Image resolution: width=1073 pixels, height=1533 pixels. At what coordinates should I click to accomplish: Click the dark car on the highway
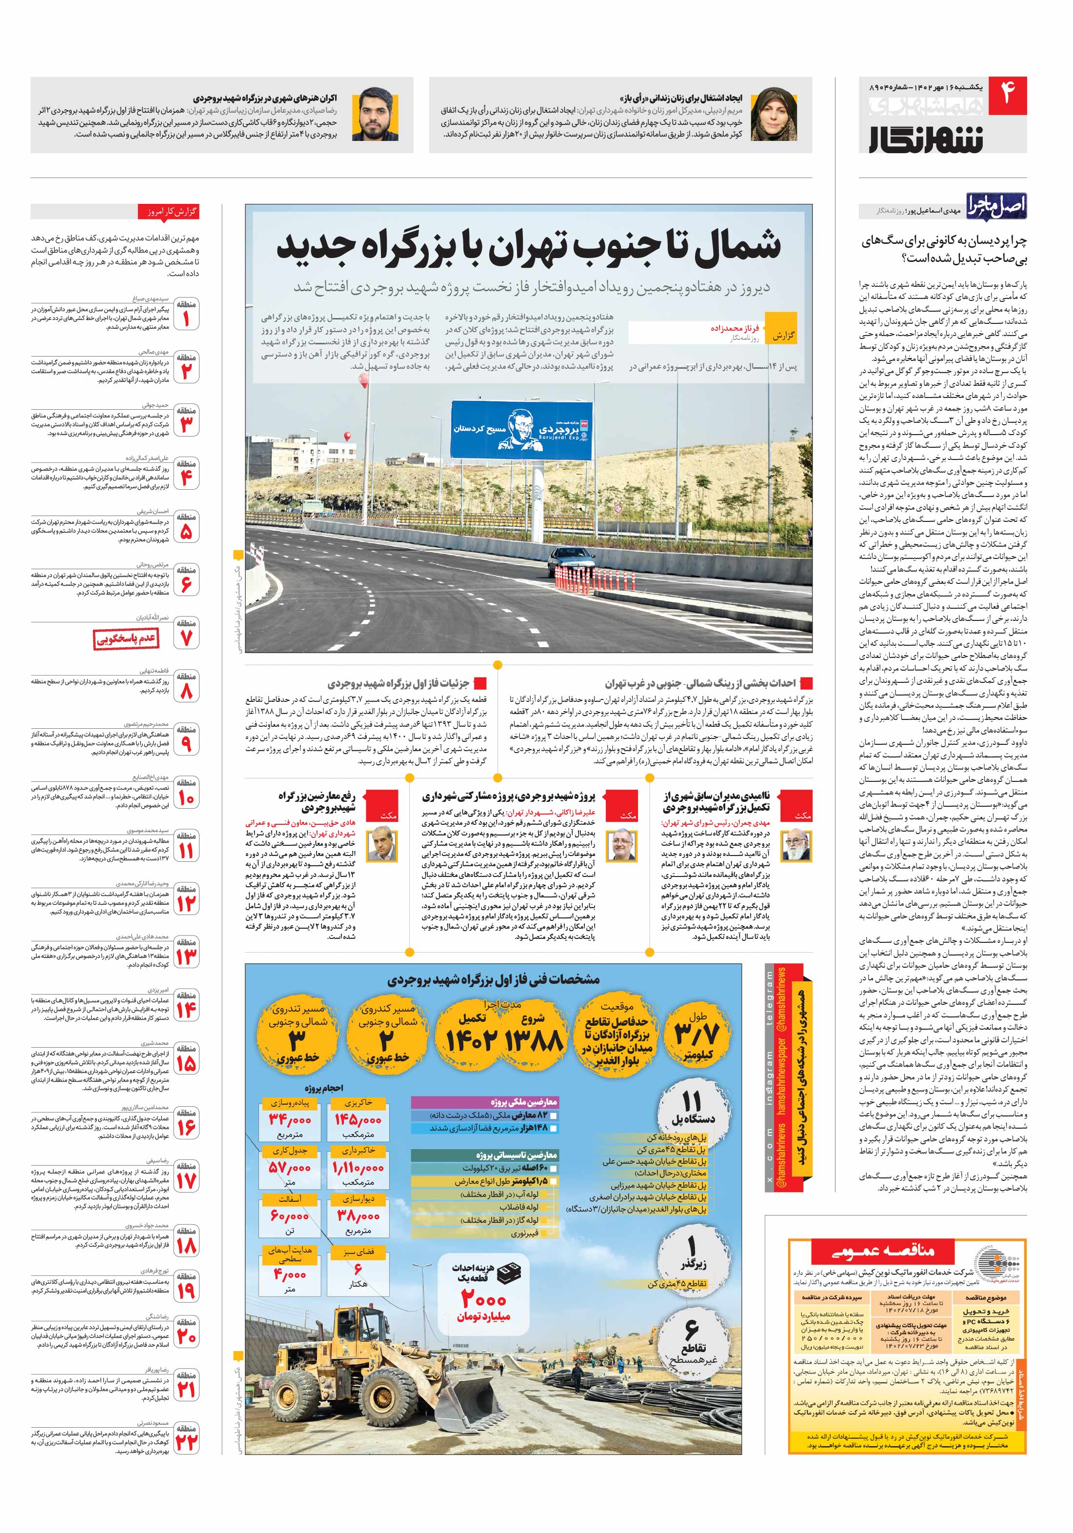pyautogui.click(x=576, y=568)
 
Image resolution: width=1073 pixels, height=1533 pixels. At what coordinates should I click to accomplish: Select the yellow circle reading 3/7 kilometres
pyautogui.click(x=697, y=1034)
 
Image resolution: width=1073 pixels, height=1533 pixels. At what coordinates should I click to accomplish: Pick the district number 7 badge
pyautogui.click(x=186, y=634)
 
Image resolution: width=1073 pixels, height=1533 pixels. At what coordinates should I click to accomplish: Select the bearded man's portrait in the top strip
pyautogui.click(x=375, y=115)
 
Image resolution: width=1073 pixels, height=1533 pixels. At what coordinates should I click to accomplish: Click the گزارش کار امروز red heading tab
pyautogui.click(x=168, y=212)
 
